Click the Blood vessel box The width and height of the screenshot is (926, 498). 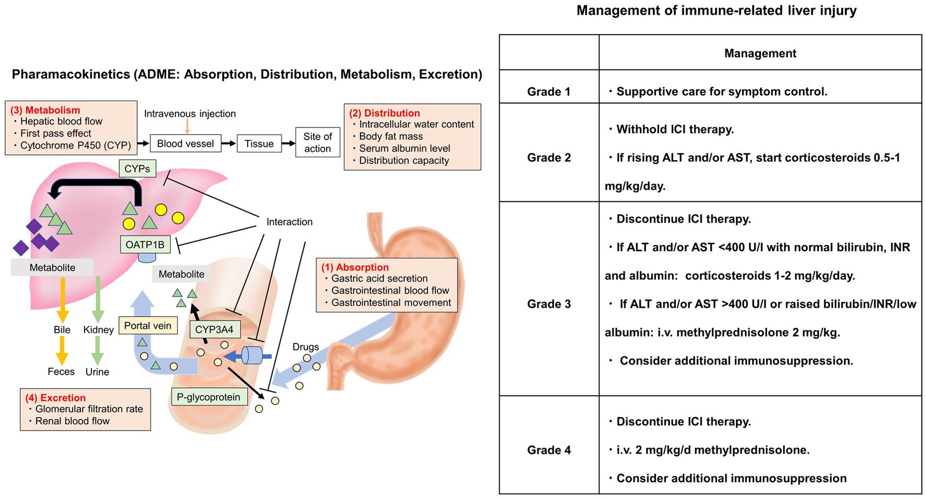[185, 144]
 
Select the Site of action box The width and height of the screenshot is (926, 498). [317, 143]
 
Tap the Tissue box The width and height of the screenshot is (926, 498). [259, 144]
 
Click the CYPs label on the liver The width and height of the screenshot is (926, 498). [137, 169]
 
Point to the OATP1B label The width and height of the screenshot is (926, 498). [145, 244]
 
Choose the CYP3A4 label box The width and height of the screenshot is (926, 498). [214, 329]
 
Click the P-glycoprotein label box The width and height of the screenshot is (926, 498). [209, 397]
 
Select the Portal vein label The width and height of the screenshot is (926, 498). [147, 326]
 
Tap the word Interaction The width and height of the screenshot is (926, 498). [289, 222]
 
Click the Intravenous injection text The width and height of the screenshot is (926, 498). [190, 114]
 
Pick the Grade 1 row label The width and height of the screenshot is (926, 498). [549, 92]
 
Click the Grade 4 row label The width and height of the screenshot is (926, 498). [549, 450]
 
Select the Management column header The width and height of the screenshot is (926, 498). [760, 53]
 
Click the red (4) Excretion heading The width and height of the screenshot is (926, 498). [55, 398]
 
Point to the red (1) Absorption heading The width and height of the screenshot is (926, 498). [355, 267]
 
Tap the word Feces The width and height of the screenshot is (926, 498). [61, 372]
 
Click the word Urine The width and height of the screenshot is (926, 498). [97, 372]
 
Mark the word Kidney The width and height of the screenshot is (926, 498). [98, 330]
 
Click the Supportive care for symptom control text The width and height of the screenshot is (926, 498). [721, 92]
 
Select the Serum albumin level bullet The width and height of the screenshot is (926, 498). [404, 148]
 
